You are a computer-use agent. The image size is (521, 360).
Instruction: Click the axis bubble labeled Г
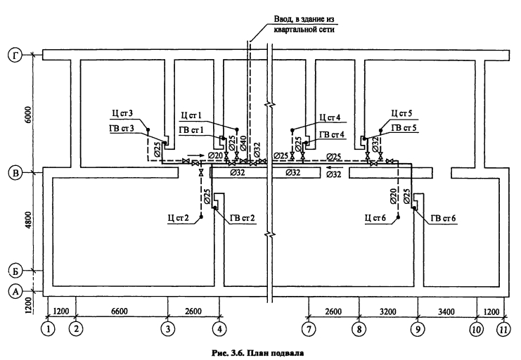(15, 55)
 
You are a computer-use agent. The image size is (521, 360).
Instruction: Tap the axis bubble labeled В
(15, 173)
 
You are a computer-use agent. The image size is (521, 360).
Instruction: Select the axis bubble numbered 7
(309, 329)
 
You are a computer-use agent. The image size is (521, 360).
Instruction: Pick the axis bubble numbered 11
(503, 329)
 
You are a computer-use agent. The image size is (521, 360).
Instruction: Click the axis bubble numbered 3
(168, 329)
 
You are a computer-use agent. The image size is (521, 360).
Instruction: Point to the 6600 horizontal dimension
(120, 311)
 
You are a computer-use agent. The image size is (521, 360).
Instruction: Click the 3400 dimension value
(446, 311)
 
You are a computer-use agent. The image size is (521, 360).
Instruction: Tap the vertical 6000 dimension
(29, 115)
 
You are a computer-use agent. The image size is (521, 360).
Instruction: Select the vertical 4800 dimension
(29, 220)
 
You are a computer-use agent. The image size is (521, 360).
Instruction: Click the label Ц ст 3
(122, 113)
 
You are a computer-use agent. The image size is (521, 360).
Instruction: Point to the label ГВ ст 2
(243, 218)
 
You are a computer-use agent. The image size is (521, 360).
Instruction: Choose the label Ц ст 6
(375, 218)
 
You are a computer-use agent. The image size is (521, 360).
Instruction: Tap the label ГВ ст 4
(332, 134)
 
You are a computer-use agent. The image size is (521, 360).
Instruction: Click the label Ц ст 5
(401, 113)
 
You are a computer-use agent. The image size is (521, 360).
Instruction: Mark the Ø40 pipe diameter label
(243, 143)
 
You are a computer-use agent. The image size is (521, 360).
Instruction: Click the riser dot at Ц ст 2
(201, 217)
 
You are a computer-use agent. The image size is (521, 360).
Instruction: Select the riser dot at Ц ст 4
(292, 129)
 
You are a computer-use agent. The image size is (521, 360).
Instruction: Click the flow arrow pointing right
(195, 155)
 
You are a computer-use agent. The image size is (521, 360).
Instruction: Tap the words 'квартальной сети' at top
(304, 30)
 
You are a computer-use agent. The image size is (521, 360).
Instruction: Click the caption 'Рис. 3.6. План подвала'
(257, 353)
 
